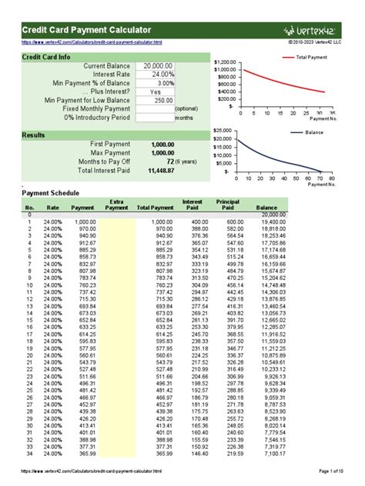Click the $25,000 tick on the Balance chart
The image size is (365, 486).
click(x=223, y=131)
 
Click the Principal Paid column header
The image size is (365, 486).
click(x=228, y=204)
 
